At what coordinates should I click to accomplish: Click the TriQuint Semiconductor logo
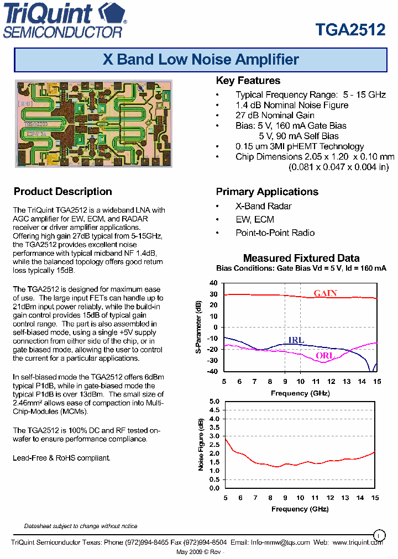(x=65, y=20)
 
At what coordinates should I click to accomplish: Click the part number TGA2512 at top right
(x=350, y=29)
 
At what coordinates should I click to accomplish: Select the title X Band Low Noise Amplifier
(x=201, y=60)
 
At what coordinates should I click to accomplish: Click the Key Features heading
(x=248, y=81)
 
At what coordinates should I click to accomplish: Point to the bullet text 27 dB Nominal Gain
(x=275, y=115)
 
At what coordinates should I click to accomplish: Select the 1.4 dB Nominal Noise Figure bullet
(x=291, y=105)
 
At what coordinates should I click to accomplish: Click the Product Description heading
(x=62, y=192)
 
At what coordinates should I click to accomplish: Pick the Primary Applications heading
(x=266, y=192)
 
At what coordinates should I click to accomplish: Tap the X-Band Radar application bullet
(x=263, y=206)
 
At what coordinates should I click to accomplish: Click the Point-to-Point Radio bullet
(x=275, y=233)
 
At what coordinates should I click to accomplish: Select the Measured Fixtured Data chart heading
(x=301, y=258)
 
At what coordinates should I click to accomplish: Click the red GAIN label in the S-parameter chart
(x=325, y=293)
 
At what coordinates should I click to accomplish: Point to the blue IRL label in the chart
(x=296, y=340)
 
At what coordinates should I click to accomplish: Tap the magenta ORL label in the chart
(x=325, y=356)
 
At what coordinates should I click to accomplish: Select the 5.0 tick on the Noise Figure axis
(x=214, y=401)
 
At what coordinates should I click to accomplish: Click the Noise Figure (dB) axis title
(x=201, y=444)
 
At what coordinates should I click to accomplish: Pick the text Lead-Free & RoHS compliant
(x=61, y=458)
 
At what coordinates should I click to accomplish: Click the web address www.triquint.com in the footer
(x=358, y=542)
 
